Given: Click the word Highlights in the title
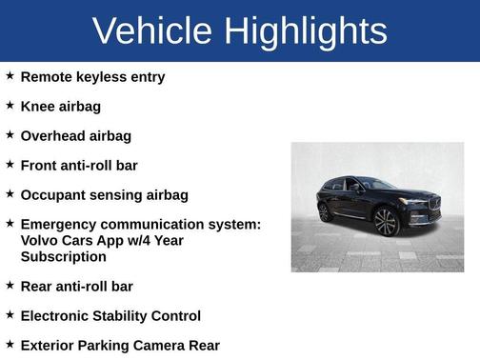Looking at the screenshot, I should [308, 31].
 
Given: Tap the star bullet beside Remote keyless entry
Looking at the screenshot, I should [10, 76].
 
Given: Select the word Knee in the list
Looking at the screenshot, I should [38, 106].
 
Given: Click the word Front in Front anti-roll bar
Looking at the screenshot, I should [40, 165].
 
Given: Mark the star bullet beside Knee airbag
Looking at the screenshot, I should [10, 106].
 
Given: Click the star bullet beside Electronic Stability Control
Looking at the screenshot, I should [10, 315].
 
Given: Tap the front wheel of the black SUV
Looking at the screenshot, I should [386, 222].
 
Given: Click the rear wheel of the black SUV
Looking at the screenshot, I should [325, 211].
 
